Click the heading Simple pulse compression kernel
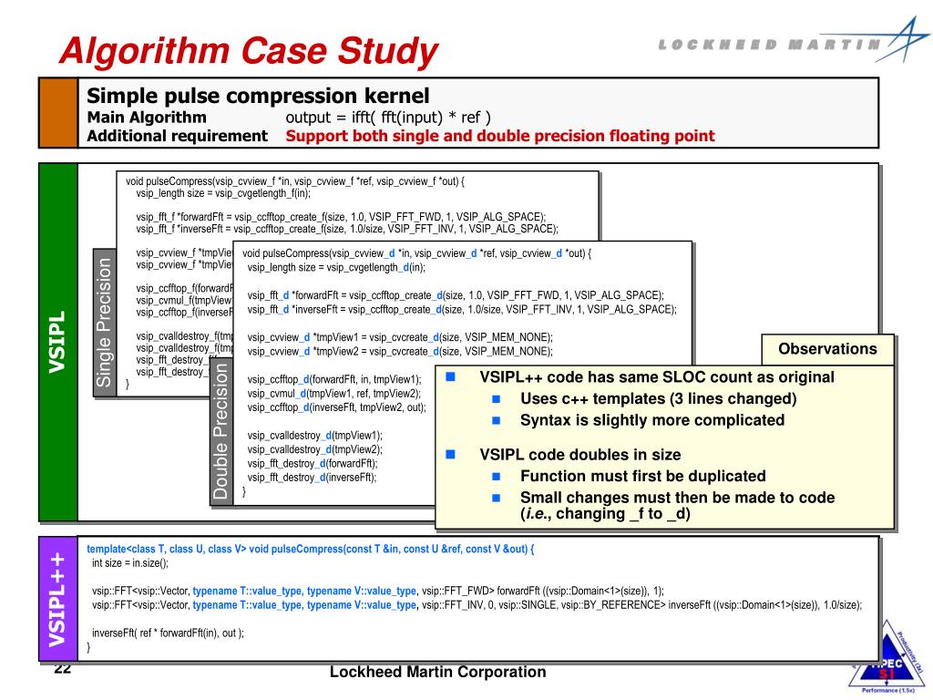(257, 96)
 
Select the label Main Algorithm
(147, 117)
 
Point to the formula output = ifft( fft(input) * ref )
(388, 117)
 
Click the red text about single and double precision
(500, 136)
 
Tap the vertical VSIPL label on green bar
(57, 342)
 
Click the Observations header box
(827, 349)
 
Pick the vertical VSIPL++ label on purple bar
(57, 598)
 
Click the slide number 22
(62, 670)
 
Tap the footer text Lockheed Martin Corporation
(437, 673)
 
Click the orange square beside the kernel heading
(57, 112)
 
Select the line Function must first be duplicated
(642, 476)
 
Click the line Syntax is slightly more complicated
(652, 420)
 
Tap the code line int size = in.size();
(130, 563)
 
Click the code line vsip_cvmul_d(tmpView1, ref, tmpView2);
(333, 393)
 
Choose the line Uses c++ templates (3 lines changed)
(658, 398)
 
